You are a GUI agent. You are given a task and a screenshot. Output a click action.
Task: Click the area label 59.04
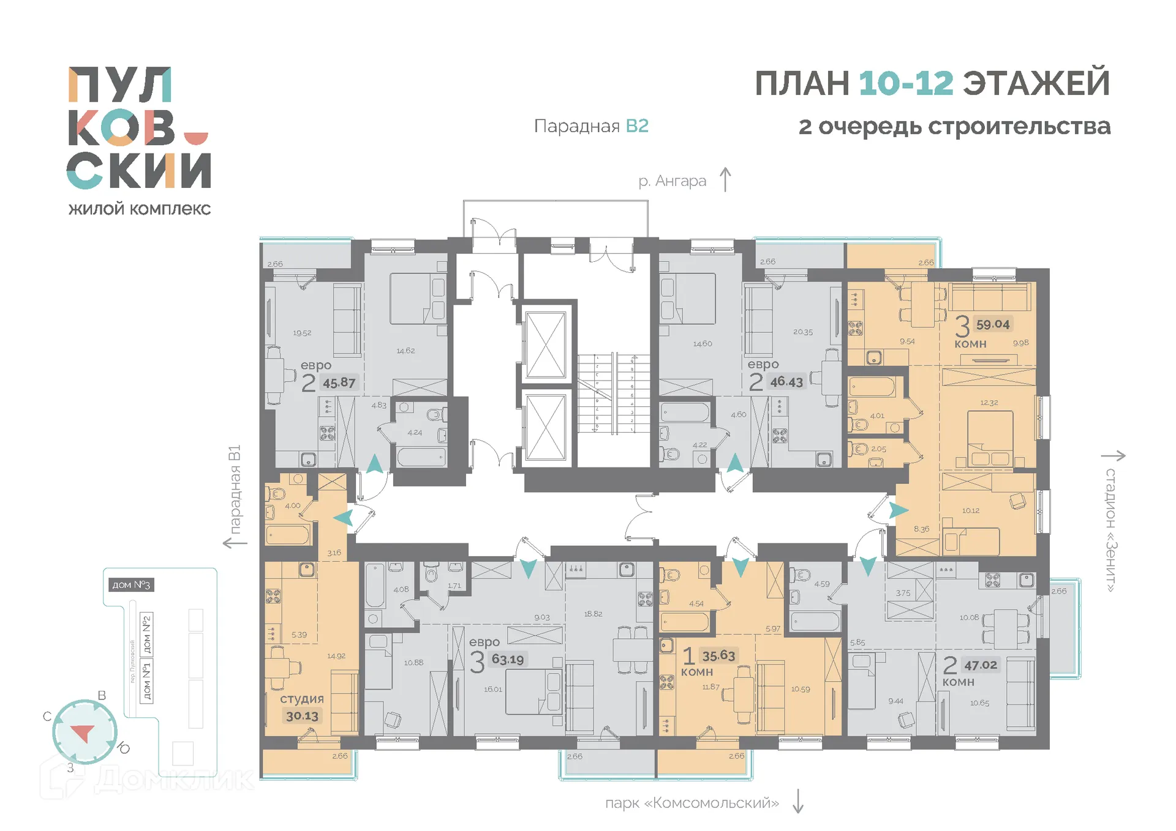992,324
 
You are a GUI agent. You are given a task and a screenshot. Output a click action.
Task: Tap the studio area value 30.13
302,716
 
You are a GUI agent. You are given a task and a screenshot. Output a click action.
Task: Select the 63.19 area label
508,660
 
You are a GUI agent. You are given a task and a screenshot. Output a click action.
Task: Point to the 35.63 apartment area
718,656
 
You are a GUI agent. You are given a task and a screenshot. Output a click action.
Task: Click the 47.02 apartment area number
980,665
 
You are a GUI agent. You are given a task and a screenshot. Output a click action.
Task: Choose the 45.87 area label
339,383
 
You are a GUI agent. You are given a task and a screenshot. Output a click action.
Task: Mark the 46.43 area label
786,382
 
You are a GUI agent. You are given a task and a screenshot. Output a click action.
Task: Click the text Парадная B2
591,126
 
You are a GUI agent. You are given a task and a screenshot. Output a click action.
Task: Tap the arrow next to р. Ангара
725,180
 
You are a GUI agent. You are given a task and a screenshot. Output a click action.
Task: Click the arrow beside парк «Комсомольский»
797,802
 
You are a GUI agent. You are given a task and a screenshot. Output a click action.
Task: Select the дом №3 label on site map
130,585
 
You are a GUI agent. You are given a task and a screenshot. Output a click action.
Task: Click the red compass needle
83,732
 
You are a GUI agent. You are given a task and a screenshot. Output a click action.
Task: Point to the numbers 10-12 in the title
906,84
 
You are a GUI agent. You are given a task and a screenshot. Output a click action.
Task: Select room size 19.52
302,333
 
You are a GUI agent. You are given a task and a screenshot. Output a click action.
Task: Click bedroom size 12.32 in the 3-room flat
989,403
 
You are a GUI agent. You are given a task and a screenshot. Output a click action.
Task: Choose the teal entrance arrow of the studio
344,518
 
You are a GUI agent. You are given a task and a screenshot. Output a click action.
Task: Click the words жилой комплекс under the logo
140,209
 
